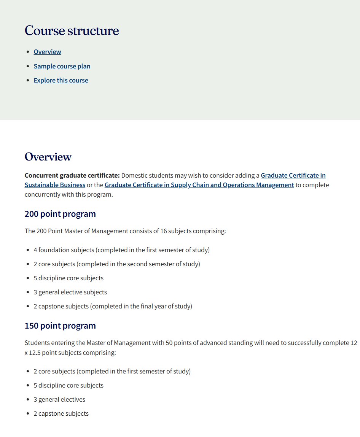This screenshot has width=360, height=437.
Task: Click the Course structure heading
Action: [72, 31]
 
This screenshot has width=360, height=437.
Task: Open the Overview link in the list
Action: [47, 52]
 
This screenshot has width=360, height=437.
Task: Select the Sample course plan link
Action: [62, 66]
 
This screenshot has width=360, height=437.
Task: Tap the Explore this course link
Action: [61, 80]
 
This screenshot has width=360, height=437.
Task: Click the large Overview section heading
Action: [48, 157]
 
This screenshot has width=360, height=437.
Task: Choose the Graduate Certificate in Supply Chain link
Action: [199, 185]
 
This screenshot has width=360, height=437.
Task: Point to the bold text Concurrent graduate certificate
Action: [72, 175]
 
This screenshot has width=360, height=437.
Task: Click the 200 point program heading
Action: [60, 214]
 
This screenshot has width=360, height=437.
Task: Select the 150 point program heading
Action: [60, 326]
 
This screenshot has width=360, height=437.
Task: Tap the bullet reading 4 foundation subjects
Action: [121, 250]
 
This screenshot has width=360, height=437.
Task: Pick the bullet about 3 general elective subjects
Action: [70, 292]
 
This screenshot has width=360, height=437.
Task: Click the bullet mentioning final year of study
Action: [113, 306]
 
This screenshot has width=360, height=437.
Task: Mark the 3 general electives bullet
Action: [59, 399]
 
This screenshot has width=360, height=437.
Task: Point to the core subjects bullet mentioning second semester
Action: [116, 264]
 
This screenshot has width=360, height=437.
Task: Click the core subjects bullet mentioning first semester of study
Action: [112, 371]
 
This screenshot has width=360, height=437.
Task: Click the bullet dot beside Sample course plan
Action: [28, 66]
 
